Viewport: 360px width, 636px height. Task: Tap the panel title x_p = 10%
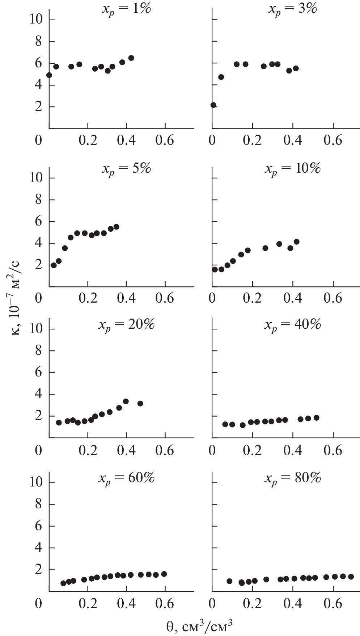pyautogui.click(x=292, y=169)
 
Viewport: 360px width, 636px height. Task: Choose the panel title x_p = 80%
pyautogui.click(x=292, y=478)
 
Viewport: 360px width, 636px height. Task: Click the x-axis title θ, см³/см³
pyautogui.click(x=199, y=626)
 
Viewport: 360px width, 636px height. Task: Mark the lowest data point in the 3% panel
pyautogui.click(x=213, y=105)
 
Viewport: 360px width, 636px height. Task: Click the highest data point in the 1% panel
pyautogui.click(x=131, y=58)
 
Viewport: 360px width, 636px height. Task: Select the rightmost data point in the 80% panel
pyautogui.click(x=351, y=577)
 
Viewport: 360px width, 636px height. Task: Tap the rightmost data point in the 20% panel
pyautogui.click(x=140, y=403)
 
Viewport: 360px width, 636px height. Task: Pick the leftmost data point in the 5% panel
pyautogui.click(x=54, y=265)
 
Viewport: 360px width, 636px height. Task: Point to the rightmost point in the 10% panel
pyautogui.click(x=297, y=241)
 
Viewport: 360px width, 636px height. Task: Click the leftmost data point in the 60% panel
pyautogui.click(x=63, y=583)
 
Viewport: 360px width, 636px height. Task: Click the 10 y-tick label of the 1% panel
pyautogui.click(x=36, y=20)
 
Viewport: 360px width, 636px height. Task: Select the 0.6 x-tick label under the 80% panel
pyautogui.click(x=333, y=604)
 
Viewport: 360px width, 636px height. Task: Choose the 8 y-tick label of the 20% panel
pyautogui.click(x=38, y=351)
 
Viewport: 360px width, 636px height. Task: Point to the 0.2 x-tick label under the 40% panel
pyautogui.click(x=252, y=451)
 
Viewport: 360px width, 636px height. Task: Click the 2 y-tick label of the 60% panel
pyautogui.click(x=38, y=570)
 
